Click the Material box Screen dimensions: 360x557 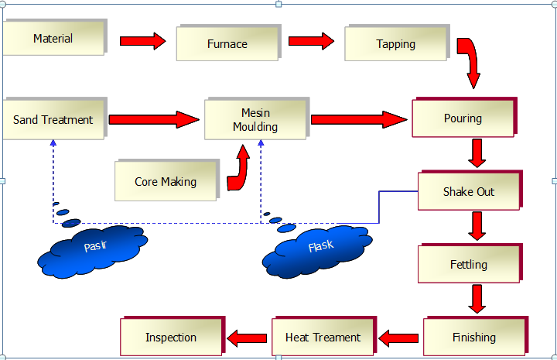point(53,39)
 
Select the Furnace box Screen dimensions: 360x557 point(227,43)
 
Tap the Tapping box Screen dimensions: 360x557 point(395,44)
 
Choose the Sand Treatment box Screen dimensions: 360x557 point(53,120)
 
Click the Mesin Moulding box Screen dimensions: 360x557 point(255,120)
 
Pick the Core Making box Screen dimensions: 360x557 point(166,182)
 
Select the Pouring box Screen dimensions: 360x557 point(463,118)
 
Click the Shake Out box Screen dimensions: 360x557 point(468,191)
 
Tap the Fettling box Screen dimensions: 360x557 point(468,264)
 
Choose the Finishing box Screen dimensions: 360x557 point(473,337)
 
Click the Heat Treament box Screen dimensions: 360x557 point(323,337)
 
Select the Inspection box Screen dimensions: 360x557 point(171,337)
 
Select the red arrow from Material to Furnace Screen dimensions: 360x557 point(143,40)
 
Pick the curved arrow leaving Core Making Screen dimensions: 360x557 point(241,170)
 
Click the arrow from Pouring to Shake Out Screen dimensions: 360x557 point(477,153)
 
